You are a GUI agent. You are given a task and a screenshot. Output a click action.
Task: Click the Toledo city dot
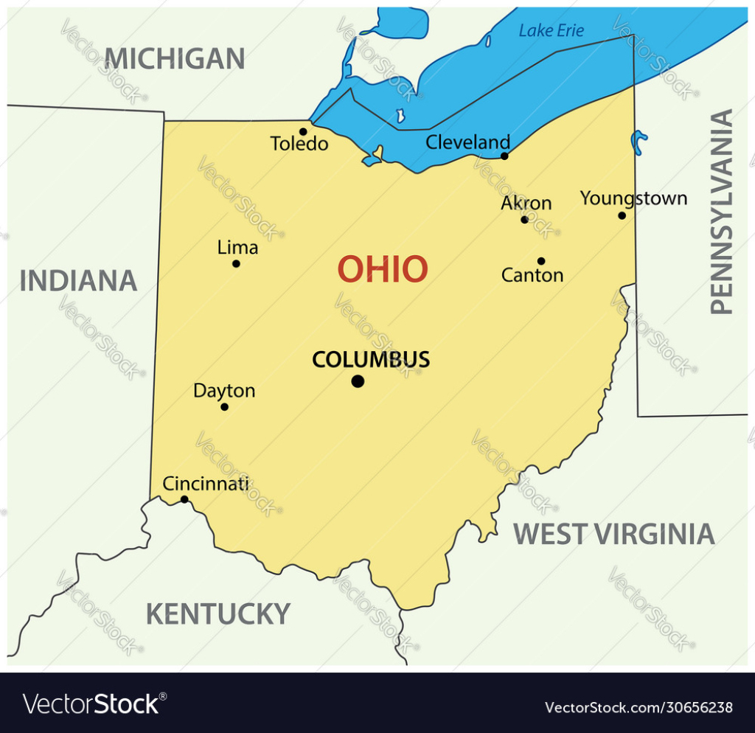point(303,132)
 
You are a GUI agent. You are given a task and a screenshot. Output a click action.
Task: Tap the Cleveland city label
point(467,142)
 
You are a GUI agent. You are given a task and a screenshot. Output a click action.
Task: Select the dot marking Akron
point(524,220)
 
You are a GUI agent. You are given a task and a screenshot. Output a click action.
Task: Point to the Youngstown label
point(633,198)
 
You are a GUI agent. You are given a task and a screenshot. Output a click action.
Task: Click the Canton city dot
point(540,261)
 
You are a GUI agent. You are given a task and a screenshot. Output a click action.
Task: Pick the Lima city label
point(237,248)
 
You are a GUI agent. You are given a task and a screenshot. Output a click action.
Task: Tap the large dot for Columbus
point(358,381)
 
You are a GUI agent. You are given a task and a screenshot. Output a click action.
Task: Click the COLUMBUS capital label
point(371,360)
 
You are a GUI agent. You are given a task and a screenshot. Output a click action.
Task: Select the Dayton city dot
point(225,407)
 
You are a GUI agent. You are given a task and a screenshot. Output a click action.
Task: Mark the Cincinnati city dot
point(184,499)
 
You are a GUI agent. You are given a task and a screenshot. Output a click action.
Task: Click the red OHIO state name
point(383,270)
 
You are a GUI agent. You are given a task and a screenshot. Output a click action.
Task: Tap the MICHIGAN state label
point(174,58)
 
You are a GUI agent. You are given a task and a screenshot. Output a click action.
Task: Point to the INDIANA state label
point(78,281)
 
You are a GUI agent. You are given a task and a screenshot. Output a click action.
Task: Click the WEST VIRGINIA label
point(614,534)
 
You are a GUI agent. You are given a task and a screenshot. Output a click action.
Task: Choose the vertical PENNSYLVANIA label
point(722,212)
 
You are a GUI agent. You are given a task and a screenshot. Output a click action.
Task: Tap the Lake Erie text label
point(551,30)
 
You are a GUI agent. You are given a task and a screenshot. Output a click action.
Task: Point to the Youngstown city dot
point(622,215)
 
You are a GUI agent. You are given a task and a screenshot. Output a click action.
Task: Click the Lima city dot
point(236,263)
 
